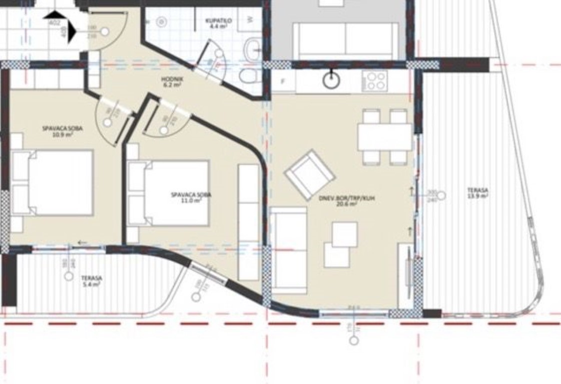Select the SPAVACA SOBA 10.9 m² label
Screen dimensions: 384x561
(63, 131)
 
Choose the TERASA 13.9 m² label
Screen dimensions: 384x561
(477, 193)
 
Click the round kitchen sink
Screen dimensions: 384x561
(331, 80)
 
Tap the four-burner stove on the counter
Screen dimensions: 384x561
(375, 80)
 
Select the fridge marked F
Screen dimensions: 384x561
(283, 82)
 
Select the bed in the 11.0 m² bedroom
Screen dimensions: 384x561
(169, 193)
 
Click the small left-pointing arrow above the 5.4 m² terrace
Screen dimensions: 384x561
(82, 243)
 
